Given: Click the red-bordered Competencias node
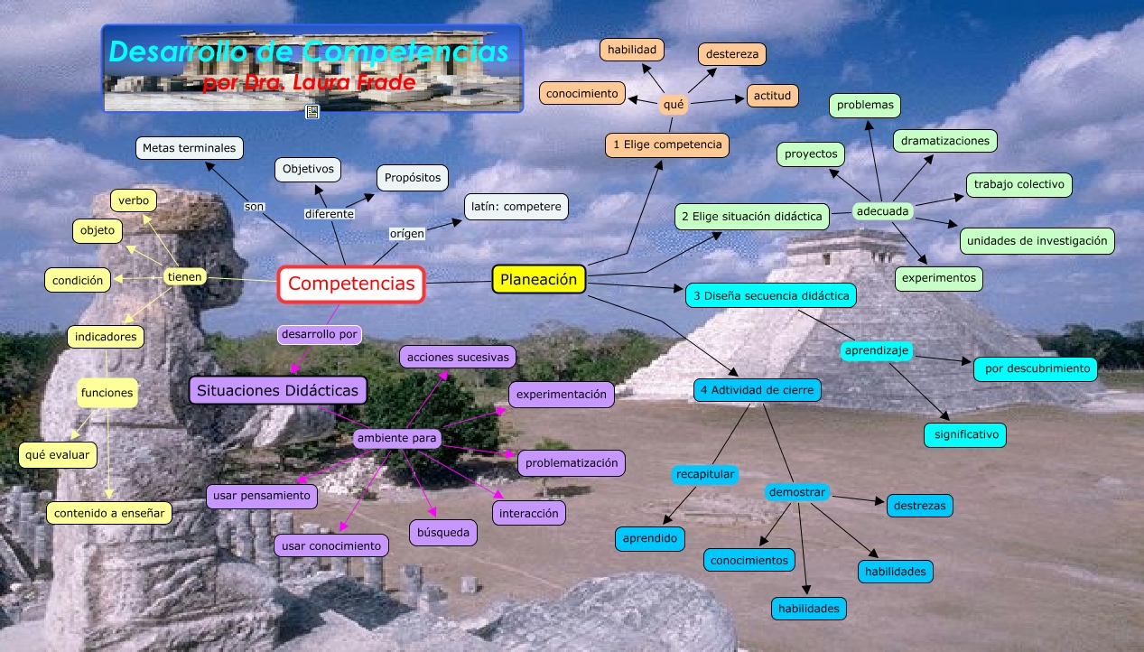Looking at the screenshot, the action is click(351, 284).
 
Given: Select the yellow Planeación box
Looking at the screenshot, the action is click(539, 280).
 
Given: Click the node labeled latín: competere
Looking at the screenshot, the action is click(516, 207).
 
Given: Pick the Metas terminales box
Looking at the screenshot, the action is click(189, 147).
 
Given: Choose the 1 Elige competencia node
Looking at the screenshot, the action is click(667, 144).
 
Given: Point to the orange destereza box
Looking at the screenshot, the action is click(731, 54).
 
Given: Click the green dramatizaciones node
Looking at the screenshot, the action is click(945, 141).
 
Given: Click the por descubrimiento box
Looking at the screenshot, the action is click(1036, 368).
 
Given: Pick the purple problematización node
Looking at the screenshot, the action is click(572, 463).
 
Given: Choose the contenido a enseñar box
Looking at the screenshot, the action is click(109, 513).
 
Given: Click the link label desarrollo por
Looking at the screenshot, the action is click(320, 335).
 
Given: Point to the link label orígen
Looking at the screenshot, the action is click(406, 234).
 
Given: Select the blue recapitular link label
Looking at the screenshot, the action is click(705, 474).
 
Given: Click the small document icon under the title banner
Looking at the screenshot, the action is click(312, 112).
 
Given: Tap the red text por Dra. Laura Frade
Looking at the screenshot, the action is click(310, 83).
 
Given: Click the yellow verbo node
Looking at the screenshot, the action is click(134, 200).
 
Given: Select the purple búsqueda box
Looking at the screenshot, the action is click(442, 533).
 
